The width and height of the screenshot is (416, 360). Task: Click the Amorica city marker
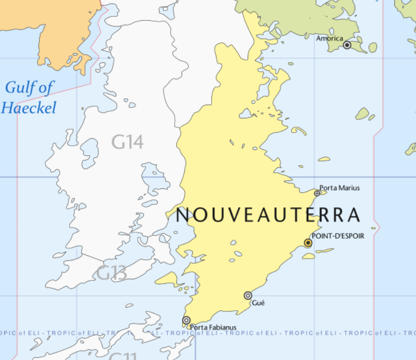point(347,45)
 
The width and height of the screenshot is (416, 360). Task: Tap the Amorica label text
point(329,38)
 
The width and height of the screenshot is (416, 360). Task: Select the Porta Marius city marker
point(317,193)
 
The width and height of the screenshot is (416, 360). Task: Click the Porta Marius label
point(339,187)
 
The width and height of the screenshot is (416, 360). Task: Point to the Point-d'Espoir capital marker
point(308,243)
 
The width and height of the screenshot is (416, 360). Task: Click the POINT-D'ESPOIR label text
point(337,236)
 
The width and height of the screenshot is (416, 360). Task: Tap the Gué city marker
point(248,296)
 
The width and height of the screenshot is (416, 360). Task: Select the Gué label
point(258,303)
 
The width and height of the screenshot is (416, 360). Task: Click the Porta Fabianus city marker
point(186,320)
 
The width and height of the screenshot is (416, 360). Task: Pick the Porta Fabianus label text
point(213,327)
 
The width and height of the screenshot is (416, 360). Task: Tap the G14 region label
point(127,142)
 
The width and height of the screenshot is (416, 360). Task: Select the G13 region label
point(111,273)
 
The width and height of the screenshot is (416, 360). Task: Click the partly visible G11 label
point(123,356)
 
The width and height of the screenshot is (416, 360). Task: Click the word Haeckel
point(29,108)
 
